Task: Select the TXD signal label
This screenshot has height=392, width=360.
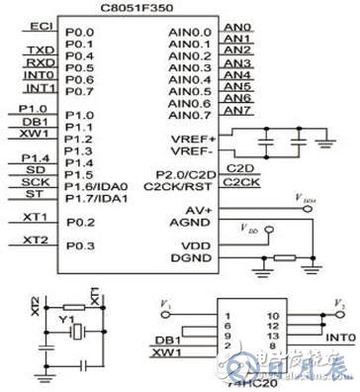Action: click(41, 49)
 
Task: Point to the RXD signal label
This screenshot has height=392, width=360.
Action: click(41, 61)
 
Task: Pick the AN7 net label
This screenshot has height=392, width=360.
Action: click(236, 111)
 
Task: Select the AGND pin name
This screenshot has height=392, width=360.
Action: click(190, 222)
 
